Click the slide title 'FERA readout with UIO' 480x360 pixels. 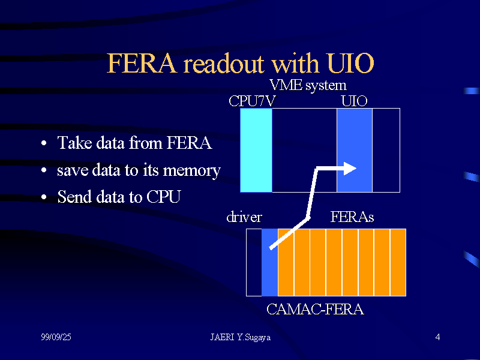[x=240, y=63]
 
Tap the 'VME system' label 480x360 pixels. [x=308, y=85]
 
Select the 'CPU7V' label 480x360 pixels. [x=252, y=101]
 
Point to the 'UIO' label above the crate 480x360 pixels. [x=354, y=101]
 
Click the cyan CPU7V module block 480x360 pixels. [x=256, y=150]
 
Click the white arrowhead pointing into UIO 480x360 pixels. [x=350, y=168]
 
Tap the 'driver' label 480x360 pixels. [x=244, y=217]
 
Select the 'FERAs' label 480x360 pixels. [x=352, y=217]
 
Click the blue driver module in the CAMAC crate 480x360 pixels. [x=269, y=270]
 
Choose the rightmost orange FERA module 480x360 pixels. [x=398, y=262]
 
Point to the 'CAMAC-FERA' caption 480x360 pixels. [x=315, y=310]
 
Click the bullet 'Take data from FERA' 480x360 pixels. [x=134, y=143]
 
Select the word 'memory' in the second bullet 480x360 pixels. [x=191, y=170]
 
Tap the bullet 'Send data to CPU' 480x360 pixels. [x=118, y=197]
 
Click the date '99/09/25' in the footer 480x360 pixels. [x=56, y=338]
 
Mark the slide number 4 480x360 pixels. [x=437, y=338]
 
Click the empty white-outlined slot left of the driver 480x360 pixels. [x=254, y=262]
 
